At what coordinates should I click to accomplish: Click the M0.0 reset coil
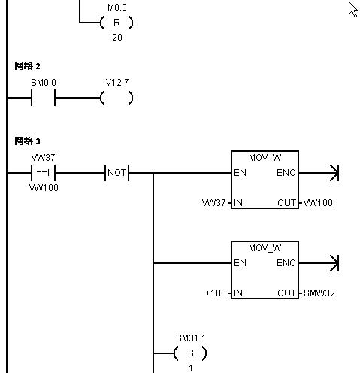pyautogui.click(x=116, y=23)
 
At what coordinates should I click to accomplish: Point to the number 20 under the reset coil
pyautogui.click(x=117, y=38)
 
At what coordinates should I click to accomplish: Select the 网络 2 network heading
pyautogui.click(x=27, y=66)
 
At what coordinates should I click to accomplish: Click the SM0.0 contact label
pyautogui.click(x=44, y=83)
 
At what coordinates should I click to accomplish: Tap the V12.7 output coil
pyautogui.click(x=116, y=98)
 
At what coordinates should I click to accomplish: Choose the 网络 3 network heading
pyautogui.click(x=27, y=141)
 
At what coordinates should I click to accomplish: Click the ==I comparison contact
pyautogui.click(x=43, y=173)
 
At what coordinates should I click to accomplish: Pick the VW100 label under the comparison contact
pyautogui.click(x=44, y=188)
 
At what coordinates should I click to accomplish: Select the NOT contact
pyautogui.click(x=117, y=173)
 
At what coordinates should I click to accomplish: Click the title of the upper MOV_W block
pyautogui.click(x=265, y=158)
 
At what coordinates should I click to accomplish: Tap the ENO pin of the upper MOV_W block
pyautogui.click(x=286, y=173)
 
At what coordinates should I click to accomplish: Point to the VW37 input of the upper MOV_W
pyautogui.click(x=213, y=203)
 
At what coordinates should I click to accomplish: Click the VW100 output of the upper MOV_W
pyautogui.click(x=318, y=203)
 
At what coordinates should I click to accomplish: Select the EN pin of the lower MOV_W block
pyautogui.click(x=240, y=263)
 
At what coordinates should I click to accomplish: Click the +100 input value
pyautogui.click(x=216, y=293)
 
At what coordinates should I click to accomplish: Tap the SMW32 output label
pyautogui.click(x=319, y=293)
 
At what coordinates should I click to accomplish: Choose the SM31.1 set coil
pyautogui.click(x=190, y=353)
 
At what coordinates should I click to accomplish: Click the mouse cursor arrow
pyautogui.click(x=352, y=9)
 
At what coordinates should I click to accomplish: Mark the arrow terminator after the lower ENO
pyautogui.click(x=334, y=263)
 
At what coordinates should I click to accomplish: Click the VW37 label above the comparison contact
pyautogui.click(x=43, y=158)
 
